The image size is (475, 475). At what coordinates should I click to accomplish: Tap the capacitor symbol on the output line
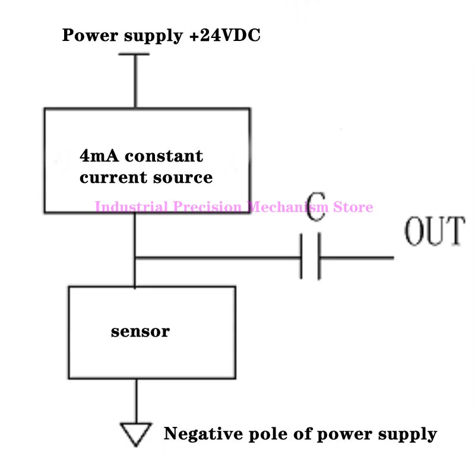pyautogui.click(x=311, y=258)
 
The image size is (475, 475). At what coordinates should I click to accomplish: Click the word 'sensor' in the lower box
pyautogui.click(x=140, y=331)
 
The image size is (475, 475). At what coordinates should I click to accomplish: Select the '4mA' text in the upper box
pyautogui.click(x=99, y=157)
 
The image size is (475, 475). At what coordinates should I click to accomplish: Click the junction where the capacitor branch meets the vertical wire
pyautogui.click(x=135, y=258)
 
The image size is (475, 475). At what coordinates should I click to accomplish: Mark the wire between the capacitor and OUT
pyautogui.click(x=356, y=258)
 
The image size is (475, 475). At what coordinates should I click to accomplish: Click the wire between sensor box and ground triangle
pyautogui.click(x=136, y=401)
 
